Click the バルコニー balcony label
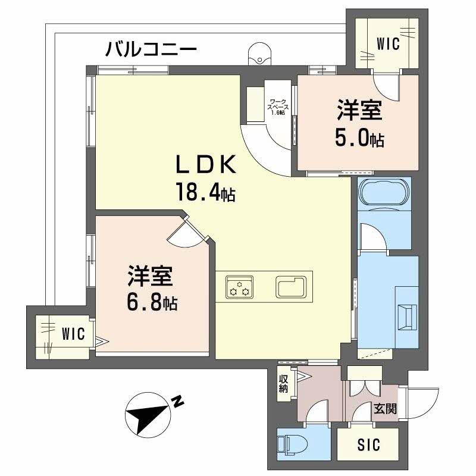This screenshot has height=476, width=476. [151, 49]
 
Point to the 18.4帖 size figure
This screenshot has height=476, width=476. [204, 192]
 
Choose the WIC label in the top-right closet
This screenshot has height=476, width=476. [388, 43]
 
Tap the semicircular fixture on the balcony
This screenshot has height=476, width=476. [260, 55]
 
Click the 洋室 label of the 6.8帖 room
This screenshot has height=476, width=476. [149, 277]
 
